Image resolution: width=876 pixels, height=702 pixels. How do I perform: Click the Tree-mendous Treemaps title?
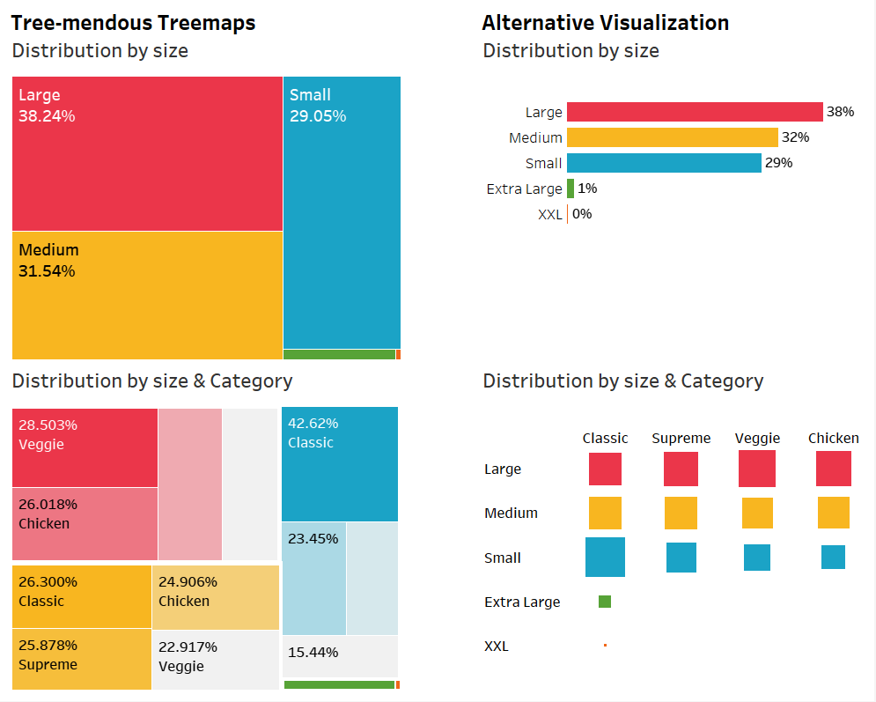point(133,23)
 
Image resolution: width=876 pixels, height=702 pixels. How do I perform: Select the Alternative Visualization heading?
point(605,23)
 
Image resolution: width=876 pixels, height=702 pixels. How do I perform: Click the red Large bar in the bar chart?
point(695,112)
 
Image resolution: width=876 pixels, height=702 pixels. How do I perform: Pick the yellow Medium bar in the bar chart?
point(672,137)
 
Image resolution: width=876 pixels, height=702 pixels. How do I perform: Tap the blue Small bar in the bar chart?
point(664,163)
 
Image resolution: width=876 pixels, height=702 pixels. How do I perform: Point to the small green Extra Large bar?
point(571,188)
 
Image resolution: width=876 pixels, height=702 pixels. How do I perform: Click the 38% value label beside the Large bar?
point(840,112)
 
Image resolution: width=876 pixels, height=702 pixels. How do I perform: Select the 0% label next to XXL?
point(582,214)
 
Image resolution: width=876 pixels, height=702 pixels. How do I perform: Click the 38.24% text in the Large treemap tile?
point(47,116)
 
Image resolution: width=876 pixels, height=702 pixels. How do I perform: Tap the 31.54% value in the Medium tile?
point(47,271)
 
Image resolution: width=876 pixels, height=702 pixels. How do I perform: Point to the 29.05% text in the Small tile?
point(318,116)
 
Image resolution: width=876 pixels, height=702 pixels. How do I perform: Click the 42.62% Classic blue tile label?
point(313,423)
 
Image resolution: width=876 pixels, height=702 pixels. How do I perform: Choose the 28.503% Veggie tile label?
point(48,425)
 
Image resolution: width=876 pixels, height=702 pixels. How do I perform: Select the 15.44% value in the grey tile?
point(313,653)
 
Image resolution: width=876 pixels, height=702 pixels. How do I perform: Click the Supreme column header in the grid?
point(681,438)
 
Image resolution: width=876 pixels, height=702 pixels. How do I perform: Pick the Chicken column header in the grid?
point(833,438)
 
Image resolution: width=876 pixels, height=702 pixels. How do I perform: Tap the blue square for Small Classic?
point(605,558)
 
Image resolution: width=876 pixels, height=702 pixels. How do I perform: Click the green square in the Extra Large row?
point(605,602)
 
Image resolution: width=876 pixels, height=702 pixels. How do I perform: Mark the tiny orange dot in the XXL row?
point(605,646)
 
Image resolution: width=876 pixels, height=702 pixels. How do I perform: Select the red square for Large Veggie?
point(757,469)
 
